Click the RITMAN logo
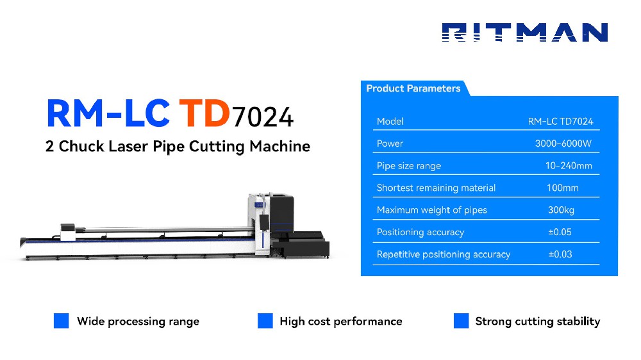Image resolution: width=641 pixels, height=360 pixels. tap(524, 33)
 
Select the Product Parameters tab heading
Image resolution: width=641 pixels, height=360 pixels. tap(413, 88)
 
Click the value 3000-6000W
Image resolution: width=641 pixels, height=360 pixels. tap(563, 143)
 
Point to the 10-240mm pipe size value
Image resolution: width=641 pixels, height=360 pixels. tap(568, 166)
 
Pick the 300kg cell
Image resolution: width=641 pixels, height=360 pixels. tap(562, 210)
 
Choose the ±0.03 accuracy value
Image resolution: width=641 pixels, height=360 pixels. tap(560, 254)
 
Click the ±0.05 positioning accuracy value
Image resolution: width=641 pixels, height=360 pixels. tap(560, 232)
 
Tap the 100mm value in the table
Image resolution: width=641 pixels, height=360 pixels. tap(563, 188)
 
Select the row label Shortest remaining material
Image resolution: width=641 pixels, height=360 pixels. tap(436, 188)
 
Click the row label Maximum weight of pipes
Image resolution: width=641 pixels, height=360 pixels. tap(431, 210)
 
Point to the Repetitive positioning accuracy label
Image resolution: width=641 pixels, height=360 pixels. tap(443, 254)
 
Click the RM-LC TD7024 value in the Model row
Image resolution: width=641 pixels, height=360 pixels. tap(560, 121)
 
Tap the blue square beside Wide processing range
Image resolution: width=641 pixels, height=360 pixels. tap(61, 321)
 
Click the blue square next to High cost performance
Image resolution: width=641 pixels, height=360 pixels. tap(265, 321)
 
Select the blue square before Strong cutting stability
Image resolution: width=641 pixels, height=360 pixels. tap(461, 321)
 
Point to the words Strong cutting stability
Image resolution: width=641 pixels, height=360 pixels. tap(537, 322)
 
